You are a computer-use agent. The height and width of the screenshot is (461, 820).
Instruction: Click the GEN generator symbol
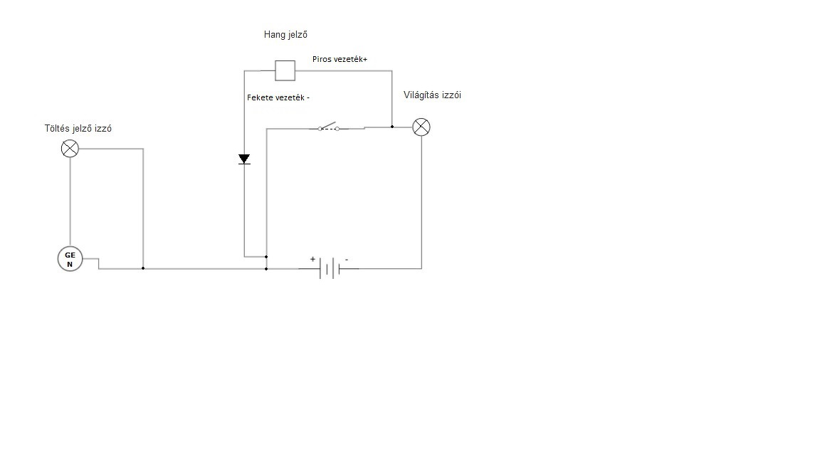pos(70,259)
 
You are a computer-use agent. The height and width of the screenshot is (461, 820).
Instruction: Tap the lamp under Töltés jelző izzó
pos(70,149)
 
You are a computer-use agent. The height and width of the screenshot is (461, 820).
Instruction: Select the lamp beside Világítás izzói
pos(421,127)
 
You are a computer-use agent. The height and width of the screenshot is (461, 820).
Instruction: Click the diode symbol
pos(244,159)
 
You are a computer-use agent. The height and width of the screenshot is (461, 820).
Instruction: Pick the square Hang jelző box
pos(285,70)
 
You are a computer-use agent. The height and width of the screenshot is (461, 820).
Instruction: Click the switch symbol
pos(328,128)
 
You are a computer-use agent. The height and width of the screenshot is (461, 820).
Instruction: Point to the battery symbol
pos(328,268)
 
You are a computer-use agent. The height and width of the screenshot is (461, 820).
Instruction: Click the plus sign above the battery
pos(312,259)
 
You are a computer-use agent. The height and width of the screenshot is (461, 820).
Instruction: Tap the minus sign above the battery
pos(347,260)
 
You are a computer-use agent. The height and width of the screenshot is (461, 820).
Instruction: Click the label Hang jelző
pos(285,34)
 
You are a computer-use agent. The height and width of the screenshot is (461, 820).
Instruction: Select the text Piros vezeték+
pos(340,59)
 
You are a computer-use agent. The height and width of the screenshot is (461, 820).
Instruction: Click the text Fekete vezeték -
pos(278,97)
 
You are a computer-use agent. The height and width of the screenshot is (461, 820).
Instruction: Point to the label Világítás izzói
pos(432,95)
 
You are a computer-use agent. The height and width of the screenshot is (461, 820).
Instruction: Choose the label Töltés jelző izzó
pos(78,129)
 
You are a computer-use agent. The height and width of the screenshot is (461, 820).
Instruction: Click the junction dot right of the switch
pos(392,127)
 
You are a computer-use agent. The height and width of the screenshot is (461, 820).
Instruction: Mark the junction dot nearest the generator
pos(143,268)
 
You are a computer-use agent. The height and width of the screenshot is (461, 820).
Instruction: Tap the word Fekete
pos(260,97)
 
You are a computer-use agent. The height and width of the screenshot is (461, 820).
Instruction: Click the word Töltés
pos(58,129)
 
